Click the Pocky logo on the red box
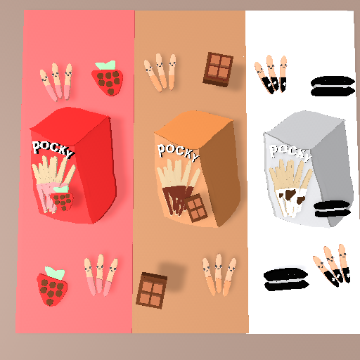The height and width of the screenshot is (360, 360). (53, 149)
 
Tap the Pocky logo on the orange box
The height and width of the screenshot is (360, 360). (178, 152)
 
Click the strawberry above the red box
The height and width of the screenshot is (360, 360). (108, 78)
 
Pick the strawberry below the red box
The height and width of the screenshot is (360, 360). (52, 286)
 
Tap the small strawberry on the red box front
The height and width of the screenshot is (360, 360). (62, 198)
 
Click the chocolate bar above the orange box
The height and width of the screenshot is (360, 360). (218, 70)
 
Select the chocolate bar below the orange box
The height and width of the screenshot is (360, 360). (151, 290)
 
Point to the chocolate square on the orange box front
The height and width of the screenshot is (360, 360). (196, 208)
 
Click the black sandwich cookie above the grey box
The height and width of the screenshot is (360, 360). (333, 86)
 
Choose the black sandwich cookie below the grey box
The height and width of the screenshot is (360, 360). (286, 279)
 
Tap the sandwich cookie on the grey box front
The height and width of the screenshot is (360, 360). (333, 209)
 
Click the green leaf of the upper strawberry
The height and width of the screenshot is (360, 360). (106, 65)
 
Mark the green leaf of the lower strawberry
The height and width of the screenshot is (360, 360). (55, 273)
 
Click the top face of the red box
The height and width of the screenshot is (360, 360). (70, 124)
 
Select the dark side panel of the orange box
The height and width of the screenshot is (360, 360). (220, 174)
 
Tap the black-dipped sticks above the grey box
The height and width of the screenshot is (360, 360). (272, 74)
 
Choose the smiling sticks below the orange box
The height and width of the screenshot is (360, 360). (219, 275)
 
